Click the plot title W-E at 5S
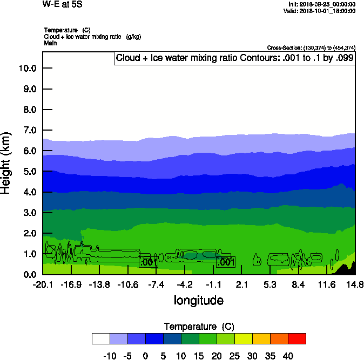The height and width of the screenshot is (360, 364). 63,5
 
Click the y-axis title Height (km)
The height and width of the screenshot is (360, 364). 6,162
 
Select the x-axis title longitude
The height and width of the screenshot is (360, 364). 198,300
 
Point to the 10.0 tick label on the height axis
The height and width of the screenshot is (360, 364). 27,68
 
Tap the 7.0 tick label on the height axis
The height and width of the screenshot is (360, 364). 29,130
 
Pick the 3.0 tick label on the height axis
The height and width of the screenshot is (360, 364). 29,213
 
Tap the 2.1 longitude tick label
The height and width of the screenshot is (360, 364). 241,284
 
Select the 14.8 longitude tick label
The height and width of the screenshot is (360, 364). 355,284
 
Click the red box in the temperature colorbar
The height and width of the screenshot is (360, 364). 296,338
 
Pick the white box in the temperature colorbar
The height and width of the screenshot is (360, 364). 101,338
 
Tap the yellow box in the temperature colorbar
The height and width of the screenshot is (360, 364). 243,338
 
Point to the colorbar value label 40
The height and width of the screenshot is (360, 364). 288,356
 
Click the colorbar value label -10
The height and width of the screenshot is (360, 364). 110,356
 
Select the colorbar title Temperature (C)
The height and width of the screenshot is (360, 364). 198,327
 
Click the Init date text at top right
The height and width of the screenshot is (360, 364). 322,4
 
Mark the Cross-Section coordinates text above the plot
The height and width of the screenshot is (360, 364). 311,48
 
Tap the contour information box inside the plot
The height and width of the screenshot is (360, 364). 235,58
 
